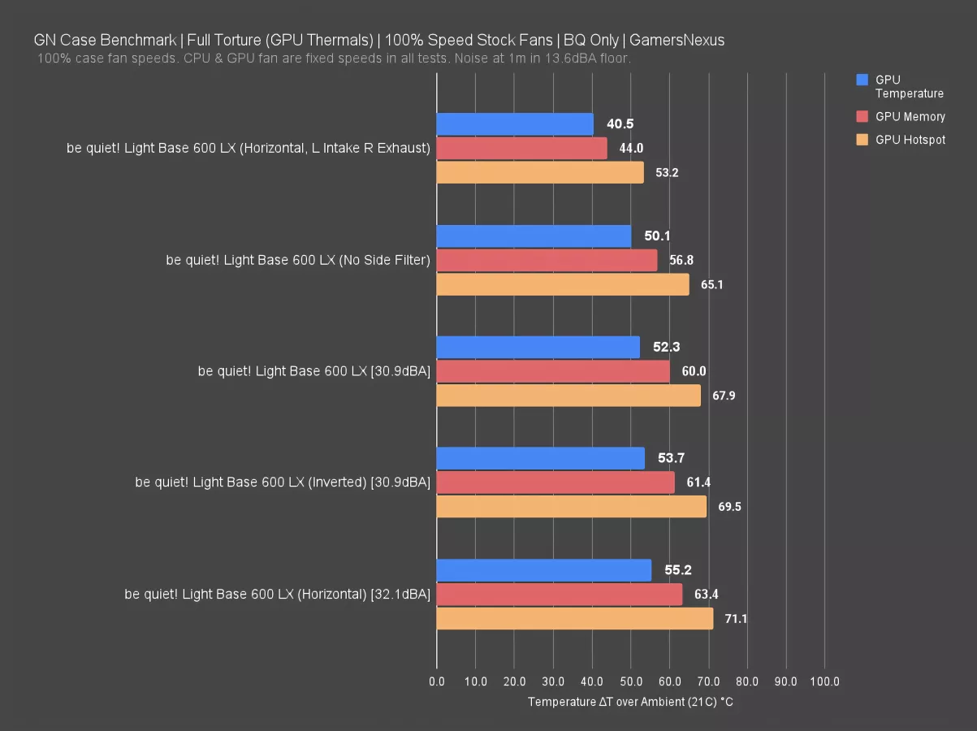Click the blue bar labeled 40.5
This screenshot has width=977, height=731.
click(x=515, y=124)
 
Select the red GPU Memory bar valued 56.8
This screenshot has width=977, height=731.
click(x=547, y=260)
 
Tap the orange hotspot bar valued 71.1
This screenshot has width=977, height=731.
click(x=575, y=619)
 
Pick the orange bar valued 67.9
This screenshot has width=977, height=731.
click(x=568, y=396)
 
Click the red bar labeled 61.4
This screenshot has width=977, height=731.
click(x=556, y=482)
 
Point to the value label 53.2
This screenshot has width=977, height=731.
click(x=667, y=173)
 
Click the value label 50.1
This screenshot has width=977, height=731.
click(x=657, y=236)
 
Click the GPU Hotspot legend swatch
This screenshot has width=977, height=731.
click(x=862, y=140)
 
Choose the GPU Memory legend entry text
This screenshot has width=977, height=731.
click(x=910, y=117)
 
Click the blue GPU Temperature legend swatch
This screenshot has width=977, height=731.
click(x=862, y=80)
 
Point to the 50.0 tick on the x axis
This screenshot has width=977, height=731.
click(x=630, y=681)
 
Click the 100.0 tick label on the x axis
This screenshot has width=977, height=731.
click(x=824, y=681)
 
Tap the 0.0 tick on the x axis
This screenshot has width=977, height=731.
click(x=437, y=681)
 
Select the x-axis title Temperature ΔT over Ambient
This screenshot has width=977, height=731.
click(x=630, y=702)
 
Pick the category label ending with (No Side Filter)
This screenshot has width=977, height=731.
click(x=298, y=260)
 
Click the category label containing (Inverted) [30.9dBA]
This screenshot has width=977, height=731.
click(x=283, y=482)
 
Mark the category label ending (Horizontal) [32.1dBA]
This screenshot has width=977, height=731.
click(x=277, y=595)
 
